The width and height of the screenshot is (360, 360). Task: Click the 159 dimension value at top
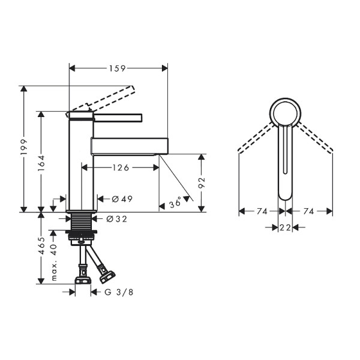pos(117,68)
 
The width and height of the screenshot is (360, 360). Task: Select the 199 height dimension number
pos(24,147)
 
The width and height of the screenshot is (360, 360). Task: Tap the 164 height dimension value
pos(41,163)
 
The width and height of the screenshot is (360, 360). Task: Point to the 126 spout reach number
pos(121,168)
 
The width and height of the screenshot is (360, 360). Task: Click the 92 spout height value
pos(202,183)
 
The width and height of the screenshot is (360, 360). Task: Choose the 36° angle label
pos(175,203)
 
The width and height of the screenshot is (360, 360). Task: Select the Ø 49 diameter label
pos(122,199)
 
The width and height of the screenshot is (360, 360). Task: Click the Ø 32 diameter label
pos(116,219)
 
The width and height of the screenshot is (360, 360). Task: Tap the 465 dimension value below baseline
pos(41,245)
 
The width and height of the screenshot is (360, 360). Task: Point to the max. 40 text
pos(54,262)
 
